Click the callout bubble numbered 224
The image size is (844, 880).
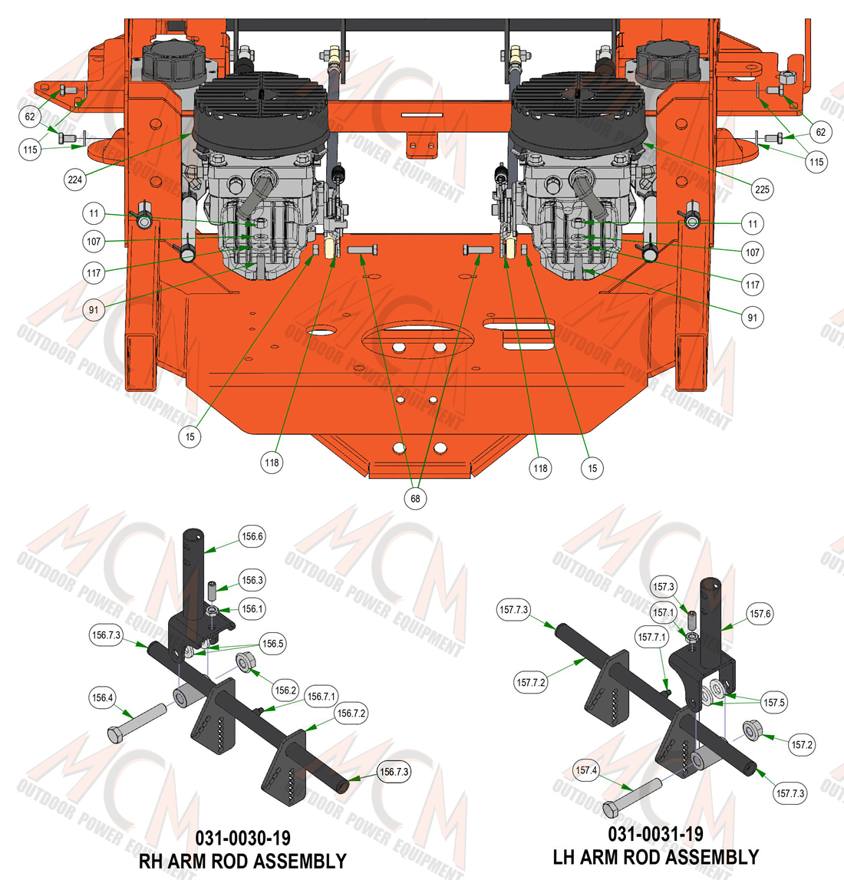click(x=75, y=180)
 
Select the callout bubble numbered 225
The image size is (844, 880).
click(x=762, y=190)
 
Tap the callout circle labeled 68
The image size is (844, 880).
click(x=415, y=499)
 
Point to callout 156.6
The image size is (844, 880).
click(x=252, y=536)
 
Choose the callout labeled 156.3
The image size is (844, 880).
click(x=252, y=580)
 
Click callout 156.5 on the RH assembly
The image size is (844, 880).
click(x=272, y=644)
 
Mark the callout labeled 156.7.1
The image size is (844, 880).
click(x=321, y=697)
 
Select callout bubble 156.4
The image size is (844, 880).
click(x=102, y=697)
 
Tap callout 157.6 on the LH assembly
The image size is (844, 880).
click(x=760, y=614)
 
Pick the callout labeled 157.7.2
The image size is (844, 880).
click(x=531, y=683)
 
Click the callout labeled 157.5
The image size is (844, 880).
click(x=774, y=702)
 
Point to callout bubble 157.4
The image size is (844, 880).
click(x=586, y=770)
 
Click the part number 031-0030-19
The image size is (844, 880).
click(x=243, y=839)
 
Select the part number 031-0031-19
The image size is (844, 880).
click(x=655, y=834)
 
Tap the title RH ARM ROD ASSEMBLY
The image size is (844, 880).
click(x=242, y=862)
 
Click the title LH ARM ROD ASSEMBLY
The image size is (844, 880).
click(x=655, y=857)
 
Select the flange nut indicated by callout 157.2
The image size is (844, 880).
click(x=752, y=729)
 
